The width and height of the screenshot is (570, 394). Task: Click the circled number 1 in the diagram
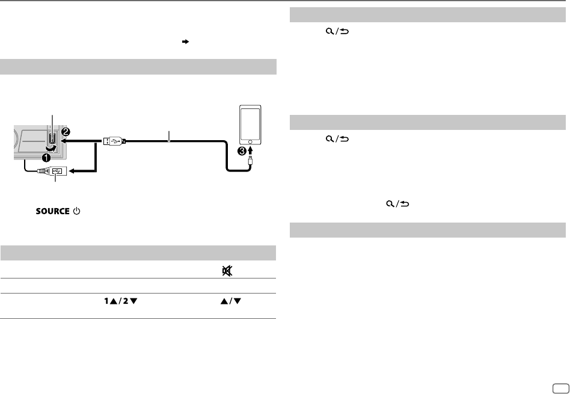pos(46,158)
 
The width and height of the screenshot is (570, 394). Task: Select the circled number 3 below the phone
pos(242,151)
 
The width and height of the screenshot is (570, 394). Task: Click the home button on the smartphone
pos(250,141)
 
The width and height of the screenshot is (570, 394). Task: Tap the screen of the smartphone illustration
pos(250,123)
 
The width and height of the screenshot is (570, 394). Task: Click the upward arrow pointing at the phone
pos(250,150)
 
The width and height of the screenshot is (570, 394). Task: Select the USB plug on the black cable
pos(114,140)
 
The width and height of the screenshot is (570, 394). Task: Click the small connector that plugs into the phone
pos(250,160)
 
